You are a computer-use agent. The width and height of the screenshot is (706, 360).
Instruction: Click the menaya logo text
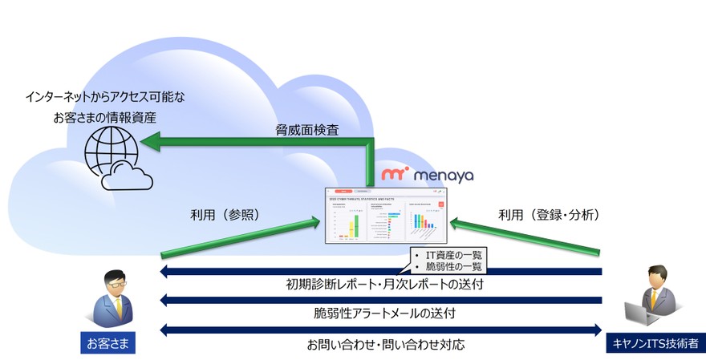(x=443, y=174)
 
